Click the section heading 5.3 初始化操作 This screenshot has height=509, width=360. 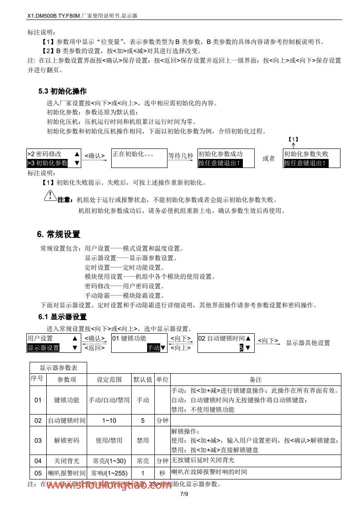coord(62,91)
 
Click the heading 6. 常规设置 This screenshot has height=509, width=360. coord(59,234)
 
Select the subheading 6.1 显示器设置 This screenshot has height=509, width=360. coord(62,316)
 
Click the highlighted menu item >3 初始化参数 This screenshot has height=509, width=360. coord(47,163)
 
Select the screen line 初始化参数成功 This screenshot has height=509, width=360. coord(220,154)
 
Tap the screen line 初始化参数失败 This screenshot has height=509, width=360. coord(306,154)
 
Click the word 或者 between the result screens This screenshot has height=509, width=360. coord(268,158)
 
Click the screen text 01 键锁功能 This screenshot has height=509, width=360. coord(129,338)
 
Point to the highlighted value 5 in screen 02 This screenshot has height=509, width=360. coord(242,348)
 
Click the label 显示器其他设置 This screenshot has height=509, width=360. coord(308,343)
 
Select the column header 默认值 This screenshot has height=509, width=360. coord(142,379)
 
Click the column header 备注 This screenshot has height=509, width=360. coord(256,379)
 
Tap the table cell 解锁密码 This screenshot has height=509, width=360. coord(66,440)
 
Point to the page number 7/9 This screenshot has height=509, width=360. coord(184,494)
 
